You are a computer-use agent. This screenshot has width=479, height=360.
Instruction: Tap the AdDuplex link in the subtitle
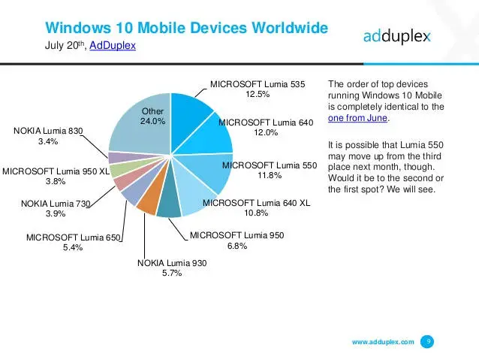113,47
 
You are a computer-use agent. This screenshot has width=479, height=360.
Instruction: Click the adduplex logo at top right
397,36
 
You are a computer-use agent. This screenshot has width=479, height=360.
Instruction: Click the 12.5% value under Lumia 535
258,95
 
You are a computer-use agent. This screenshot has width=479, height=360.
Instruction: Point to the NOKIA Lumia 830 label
48,131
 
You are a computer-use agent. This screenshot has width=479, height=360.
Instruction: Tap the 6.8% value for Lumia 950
236,247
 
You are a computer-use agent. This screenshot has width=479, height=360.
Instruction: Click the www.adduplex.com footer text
383,342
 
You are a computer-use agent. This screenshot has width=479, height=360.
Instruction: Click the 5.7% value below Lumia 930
170,274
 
